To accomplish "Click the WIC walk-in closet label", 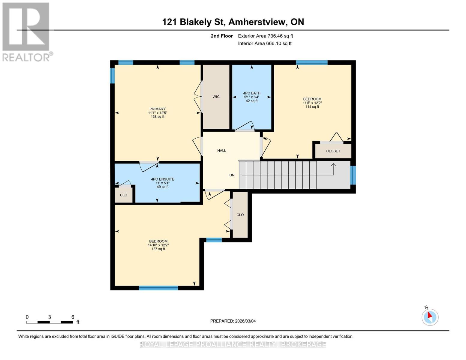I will (216, 97).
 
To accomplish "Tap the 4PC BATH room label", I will (251, 93).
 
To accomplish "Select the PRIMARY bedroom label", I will (158, 109).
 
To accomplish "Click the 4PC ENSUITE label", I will (162, 179).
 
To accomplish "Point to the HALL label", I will (222, 151).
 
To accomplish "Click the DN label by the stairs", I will (232, 175).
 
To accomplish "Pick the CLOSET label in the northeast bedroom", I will (333, 151).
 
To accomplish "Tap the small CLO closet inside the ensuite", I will (124, 195).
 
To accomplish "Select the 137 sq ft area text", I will (158, 249).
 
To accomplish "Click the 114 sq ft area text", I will (312, 107).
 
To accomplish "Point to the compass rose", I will (430, 317).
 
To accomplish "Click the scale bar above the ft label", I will (50, 322).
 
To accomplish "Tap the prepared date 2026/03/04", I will (233, 321).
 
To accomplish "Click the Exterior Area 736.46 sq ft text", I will (265, 36).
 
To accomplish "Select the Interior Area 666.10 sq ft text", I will (265, 43).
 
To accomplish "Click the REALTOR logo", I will (26, 31).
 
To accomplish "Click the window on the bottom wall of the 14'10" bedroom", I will (158, 288).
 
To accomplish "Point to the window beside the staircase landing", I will (353, 175).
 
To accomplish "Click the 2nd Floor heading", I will (222, 36).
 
